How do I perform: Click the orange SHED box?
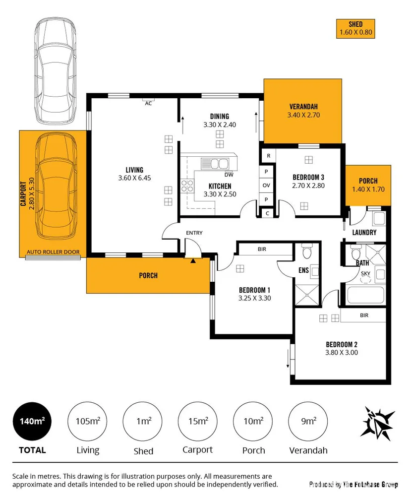355,29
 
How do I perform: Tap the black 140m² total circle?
33,421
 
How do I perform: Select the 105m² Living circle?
88,421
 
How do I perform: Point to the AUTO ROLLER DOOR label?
53,252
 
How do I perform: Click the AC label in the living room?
148,103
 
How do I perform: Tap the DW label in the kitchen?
229,175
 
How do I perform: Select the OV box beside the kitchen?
266,185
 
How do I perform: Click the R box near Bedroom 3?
268,156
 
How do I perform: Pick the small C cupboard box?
268,213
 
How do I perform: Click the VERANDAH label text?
302,107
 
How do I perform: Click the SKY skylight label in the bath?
365,273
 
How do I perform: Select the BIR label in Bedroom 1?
262,249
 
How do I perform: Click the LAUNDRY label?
364,232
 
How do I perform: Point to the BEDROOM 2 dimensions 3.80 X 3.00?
342,353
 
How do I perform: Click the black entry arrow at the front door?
193,260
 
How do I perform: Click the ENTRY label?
194,233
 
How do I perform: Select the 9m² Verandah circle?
308,421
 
